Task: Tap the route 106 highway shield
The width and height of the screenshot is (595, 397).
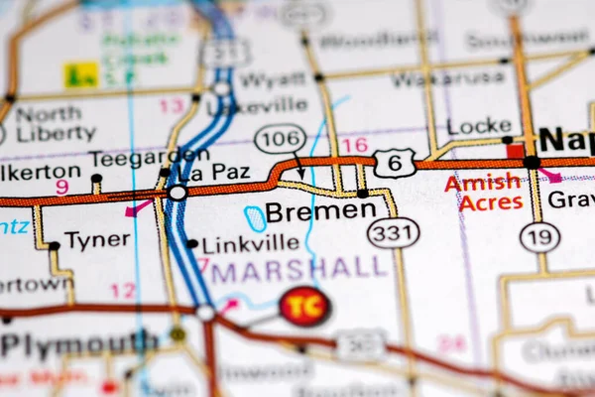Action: click(279, 138)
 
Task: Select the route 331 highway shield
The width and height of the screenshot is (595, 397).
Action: click(393, 232)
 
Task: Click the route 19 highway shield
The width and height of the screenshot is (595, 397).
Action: click(539, 236)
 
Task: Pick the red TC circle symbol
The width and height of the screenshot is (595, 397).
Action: click(304, 306)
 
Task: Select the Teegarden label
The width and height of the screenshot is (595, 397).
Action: click(136, 158)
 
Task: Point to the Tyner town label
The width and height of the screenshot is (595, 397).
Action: click(97, 239)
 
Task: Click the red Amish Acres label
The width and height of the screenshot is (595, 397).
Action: click(483, 193)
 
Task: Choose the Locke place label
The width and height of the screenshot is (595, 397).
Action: click(479, 126)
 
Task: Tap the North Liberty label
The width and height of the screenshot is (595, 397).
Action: click(48, 123)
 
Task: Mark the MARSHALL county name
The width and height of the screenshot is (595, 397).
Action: click(298, 268)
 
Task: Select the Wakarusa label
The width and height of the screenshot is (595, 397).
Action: click(434, 78)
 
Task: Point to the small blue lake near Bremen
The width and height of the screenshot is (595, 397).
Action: click(256, 218)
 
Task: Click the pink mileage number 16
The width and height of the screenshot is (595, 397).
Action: click(354, 146)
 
